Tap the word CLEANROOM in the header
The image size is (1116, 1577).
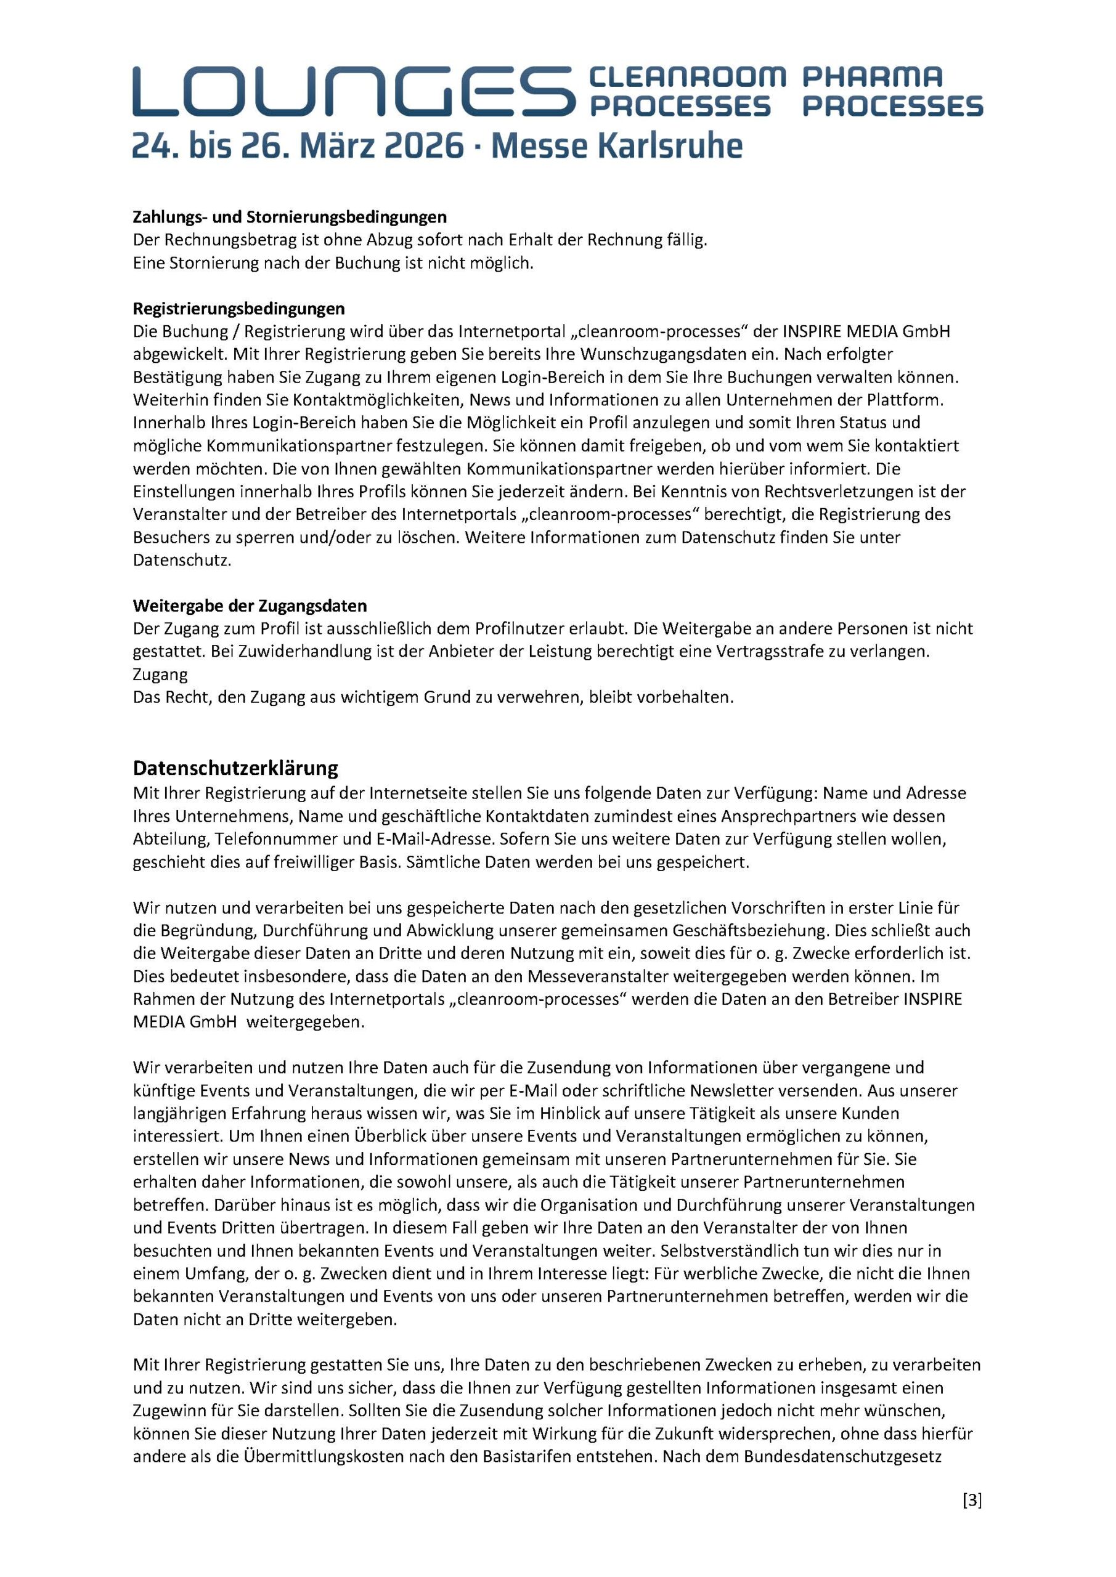(686, 77)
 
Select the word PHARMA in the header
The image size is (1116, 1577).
(873, 77)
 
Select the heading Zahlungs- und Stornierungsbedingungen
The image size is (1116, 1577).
(289, 217)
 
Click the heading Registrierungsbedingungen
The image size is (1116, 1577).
(238, 308)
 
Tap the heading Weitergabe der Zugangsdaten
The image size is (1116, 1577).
(250, 606)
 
